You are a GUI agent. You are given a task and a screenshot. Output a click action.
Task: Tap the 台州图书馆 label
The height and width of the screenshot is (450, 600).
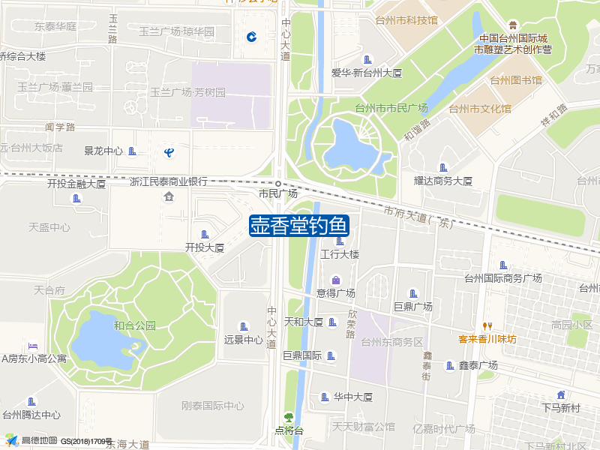(x=516, y=80)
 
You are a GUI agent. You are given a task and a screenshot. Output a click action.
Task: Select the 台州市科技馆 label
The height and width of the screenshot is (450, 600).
(x=406, y=20)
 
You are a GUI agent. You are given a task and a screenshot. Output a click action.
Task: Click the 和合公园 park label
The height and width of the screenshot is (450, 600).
(x=135, y=325)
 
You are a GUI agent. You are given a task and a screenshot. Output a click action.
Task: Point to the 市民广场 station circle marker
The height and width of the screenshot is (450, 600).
(x=278, y=184)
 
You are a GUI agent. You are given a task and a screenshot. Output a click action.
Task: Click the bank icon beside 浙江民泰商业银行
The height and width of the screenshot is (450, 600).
(x=169, y=196)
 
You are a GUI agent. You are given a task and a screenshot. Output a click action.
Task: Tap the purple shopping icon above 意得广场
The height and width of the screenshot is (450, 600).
(x=335, y=280)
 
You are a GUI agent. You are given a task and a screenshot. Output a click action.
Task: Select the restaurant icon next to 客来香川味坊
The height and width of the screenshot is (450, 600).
(x=487, y=326)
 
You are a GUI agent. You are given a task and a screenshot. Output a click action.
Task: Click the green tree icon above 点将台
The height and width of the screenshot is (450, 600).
(x=289, y=418)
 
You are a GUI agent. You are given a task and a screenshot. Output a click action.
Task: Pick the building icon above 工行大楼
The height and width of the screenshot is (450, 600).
(x=340, y=241)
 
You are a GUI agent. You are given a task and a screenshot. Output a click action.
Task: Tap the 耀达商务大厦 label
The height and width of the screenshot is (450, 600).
(x=443, y=181)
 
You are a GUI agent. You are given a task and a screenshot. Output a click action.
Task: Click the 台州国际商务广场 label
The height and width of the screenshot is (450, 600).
(x=502, y=278)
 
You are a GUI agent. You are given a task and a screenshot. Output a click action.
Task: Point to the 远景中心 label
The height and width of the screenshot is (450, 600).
(x=243, y=339)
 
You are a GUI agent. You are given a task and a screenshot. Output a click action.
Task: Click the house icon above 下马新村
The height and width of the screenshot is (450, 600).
(x=561, y=395)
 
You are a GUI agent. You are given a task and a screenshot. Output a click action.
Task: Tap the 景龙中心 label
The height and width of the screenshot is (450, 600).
(x=103, y=151)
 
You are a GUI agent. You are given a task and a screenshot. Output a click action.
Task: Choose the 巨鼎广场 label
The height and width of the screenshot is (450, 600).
(x=412, y=307)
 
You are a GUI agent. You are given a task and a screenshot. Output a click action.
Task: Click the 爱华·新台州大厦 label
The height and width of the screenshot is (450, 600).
(x=367, y=73)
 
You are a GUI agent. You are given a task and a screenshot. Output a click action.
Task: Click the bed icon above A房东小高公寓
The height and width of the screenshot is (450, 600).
(x=32, y=346)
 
